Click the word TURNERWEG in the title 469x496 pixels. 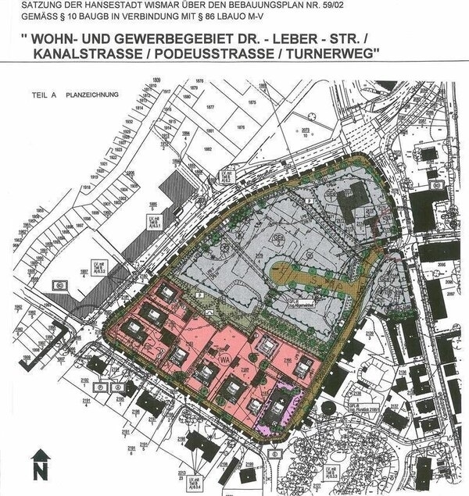(322, 55)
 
